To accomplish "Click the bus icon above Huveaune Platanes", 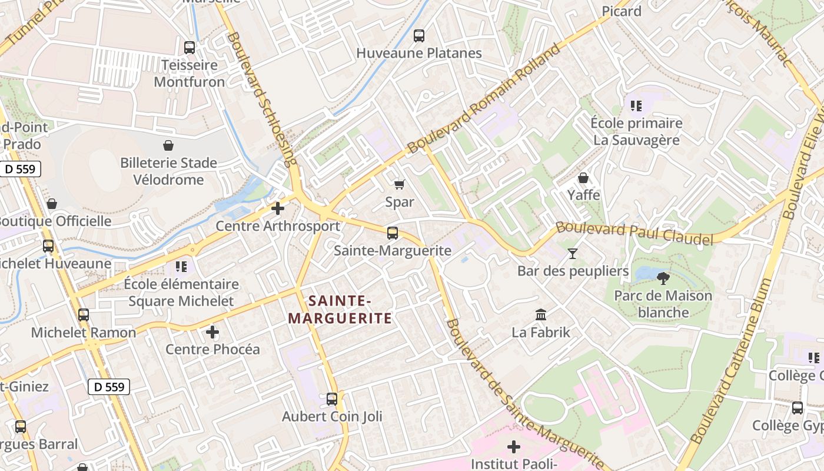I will (x=419, y=36).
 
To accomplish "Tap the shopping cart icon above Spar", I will (x=400, y=185).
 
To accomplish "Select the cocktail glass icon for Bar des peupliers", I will (x=572, y=254).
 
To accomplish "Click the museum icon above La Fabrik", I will (x=541, y=315).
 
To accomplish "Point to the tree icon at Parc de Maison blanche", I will (x=663, y=278).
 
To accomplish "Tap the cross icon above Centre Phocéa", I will (x=212, y=333).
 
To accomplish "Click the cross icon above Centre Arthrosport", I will (x=278, y=208).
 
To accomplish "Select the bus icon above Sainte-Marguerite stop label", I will (x=393, y=233).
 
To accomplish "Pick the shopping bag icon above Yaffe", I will (x=583, y=177).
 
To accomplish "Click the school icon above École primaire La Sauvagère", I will (x=636, y=106).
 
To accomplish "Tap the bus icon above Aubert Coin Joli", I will (x=332, y=399).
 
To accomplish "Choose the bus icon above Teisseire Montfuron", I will (x=190, y=48).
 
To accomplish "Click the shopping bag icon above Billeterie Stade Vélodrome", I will (x=168, y=145).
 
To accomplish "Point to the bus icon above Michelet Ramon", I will (x=84, y=315).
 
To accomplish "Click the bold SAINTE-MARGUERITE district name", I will (x=340, y=310).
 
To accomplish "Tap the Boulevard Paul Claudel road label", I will (x=634, y=233).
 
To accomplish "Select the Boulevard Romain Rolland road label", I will (x=484, y=99).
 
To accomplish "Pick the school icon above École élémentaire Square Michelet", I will (x=181, y=267).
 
